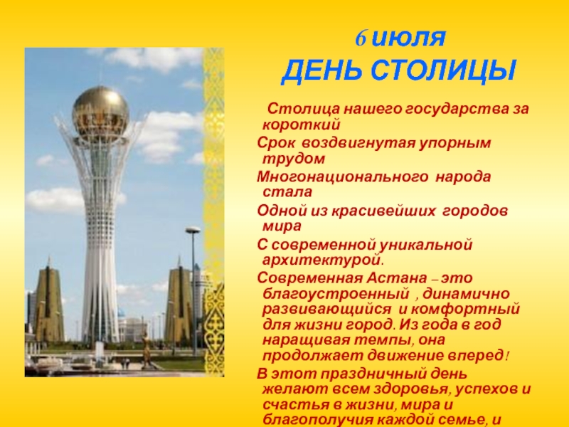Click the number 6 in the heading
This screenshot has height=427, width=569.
[x=361, y=38]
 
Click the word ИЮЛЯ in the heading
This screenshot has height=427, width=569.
[x=409, y=38]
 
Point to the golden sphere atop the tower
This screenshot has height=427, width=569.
[x=100, y=110]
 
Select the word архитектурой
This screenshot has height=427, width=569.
[x=323, y=260]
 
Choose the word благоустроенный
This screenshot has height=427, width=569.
[x=336, y=294]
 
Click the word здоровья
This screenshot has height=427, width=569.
[x=414, y=389]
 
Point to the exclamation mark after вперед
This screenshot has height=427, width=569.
[x=507, y=355]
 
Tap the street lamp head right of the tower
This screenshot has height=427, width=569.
[x=193, y=230]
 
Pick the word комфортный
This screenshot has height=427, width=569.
[x=466, y=310]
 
